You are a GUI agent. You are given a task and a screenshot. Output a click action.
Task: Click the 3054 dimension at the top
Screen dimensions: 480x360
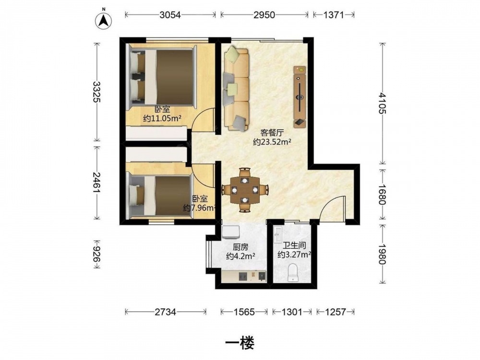pos(170,15)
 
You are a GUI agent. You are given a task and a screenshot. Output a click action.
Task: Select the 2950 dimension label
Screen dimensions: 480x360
pos(264,15)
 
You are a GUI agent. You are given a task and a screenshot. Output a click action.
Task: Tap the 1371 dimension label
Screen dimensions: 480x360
pos(334,15)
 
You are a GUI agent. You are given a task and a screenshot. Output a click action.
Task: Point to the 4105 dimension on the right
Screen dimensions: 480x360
pos(382,104)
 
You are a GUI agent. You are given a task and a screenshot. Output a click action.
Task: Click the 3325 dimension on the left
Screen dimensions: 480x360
pos(97,92)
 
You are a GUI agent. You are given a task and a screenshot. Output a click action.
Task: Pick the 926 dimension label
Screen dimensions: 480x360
pos(97,254)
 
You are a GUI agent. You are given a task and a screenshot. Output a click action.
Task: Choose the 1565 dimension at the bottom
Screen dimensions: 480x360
pos(244,312)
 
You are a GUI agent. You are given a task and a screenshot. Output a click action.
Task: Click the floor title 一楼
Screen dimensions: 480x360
pos(240,343)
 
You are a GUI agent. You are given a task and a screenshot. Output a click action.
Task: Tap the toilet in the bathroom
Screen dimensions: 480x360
pos(293,273)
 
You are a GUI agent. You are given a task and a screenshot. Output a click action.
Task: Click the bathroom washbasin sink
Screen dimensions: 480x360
pos(278,235)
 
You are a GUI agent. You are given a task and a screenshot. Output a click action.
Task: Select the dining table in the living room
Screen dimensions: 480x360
pos(245,190)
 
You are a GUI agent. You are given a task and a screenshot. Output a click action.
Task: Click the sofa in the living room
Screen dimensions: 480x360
pos(236,88)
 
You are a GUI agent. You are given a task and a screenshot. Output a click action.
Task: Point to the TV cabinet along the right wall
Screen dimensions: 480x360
pos(300,97)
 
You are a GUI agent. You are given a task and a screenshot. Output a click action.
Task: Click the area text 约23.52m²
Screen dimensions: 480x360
pos(272,142)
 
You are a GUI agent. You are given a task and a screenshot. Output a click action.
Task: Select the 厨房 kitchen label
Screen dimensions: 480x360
pos(240,247)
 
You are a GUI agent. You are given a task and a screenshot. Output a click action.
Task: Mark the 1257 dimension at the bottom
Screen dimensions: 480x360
pos(336,312)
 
